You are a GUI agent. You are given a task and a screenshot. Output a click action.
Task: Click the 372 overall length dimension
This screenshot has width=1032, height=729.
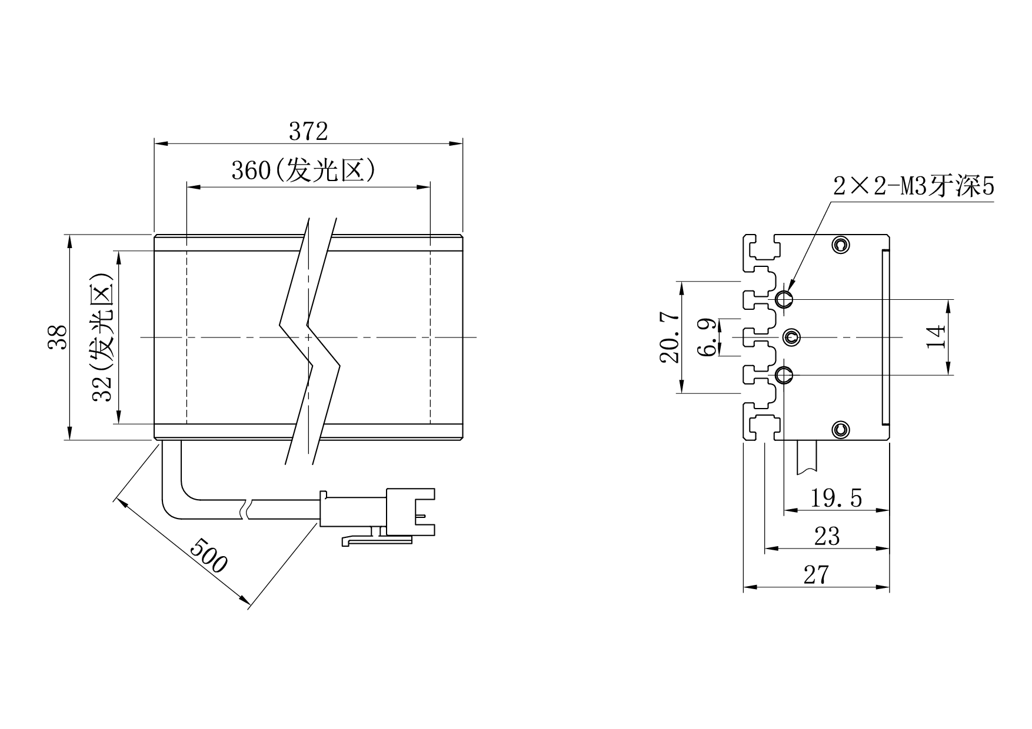point(308,132)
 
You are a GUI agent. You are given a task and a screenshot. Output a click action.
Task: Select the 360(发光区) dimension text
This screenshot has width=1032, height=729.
point(303,170)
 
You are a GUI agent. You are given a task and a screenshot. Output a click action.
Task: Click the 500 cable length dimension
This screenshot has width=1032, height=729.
point(208,554)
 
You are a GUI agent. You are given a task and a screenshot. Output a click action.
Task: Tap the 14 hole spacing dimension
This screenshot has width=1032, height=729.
point(936,337)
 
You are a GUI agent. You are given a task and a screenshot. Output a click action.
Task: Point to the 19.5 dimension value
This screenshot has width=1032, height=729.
point(836,499)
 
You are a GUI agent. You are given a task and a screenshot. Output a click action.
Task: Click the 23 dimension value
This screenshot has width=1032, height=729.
point(827,536)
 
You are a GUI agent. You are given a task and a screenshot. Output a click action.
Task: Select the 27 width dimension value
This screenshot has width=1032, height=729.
point(816,574)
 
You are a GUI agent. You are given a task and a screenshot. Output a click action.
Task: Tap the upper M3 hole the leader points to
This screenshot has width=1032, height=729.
point(784,300)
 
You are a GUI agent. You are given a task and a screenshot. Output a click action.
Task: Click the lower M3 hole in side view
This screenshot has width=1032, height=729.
point(784,374)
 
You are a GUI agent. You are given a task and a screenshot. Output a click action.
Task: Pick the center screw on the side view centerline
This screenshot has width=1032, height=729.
point(791,337)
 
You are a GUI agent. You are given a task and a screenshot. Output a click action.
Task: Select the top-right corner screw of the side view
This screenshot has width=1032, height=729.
point(841,245)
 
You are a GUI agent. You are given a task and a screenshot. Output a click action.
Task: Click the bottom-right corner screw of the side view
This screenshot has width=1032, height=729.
point(841,430)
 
